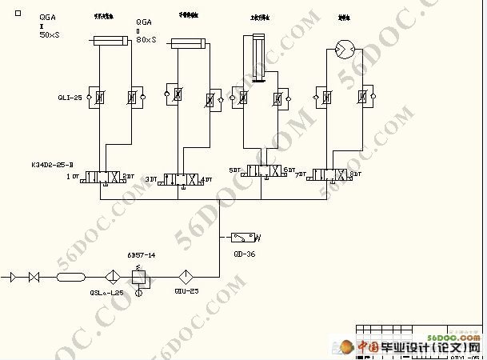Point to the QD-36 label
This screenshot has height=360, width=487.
[x=245, y=254]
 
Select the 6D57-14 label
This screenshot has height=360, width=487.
[x=141, y=254]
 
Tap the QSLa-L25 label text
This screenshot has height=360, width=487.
[x=106, y=293]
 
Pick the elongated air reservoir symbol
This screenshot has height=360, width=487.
[x=70, y=277]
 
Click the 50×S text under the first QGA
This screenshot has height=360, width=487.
[x=50, y=34]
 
